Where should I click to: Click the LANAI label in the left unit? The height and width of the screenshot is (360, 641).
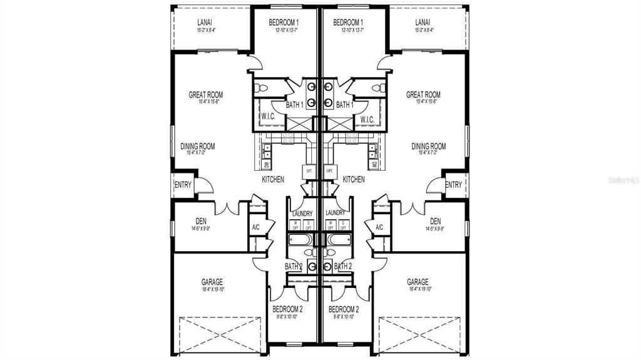[204, 22]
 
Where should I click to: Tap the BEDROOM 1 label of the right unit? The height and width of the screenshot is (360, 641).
[349, 23]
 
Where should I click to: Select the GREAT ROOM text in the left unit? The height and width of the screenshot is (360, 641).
[205, 95]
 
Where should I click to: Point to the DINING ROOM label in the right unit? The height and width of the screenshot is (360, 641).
[428, 147]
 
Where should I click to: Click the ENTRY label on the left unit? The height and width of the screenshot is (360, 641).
[183, 185]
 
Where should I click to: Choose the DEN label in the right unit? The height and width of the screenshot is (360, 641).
[435, 221]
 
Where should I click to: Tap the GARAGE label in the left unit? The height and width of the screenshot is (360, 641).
[212, 282]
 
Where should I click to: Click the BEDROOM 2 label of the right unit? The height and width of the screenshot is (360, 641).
[344, 309]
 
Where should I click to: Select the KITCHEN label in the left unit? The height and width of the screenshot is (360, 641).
[272, 180]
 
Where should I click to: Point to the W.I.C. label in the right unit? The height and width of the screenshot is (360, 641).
[367, 120]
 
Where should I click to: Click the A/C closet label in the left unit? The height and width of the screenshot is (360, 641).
[255, 227]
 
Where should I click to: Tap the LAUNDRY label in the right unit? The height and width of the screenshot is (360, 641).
[335, 213]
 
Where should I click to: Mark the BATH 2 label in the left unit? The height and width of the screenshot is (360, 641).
[293, 267]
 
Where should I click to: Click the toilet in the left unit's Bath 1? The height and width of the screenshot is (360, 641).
[262, 88]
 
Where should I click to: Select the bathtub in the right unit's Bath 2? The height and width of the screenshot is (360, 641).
[339, 239]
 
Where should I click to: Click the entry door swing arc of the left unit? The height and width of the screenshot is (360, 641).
[204, 186]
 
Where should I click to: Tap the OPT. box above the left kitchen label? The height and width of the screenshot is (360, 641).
[308, 170]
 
